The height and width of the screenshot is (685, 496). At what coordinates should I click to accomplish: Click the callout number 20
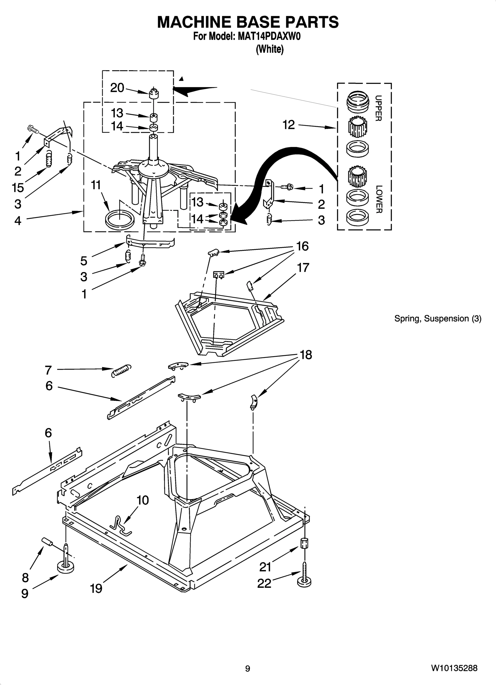[x=117, y=88]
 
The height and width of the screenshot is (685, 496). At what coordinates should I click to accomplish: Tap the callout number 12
[x=289, y=125]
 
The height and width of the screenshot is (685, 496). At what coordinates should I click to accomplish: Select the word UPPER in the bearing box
[x=378, y=108]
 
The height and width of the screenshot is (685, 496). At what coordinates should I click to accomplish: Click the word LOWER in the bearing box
[x=379, y=199]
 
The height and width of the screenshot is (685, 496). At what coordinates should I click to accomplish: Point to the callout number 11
[x=96, y=185]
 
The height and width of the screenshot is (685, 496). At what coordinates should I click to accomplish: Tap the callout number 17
[x=303, y=268]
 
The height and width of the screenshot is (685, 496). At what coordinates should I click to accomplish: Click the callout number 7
[x=48, y=370]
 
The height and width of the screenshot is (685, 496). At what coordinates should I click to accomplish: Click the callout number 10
[x=143, y=509]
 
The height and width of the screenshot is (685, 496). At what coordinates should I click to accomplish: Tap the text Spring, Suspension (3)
[x=438, y=318]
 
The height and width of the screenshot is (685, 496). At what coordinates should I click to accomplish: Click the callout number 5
[x=84, y=261]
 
